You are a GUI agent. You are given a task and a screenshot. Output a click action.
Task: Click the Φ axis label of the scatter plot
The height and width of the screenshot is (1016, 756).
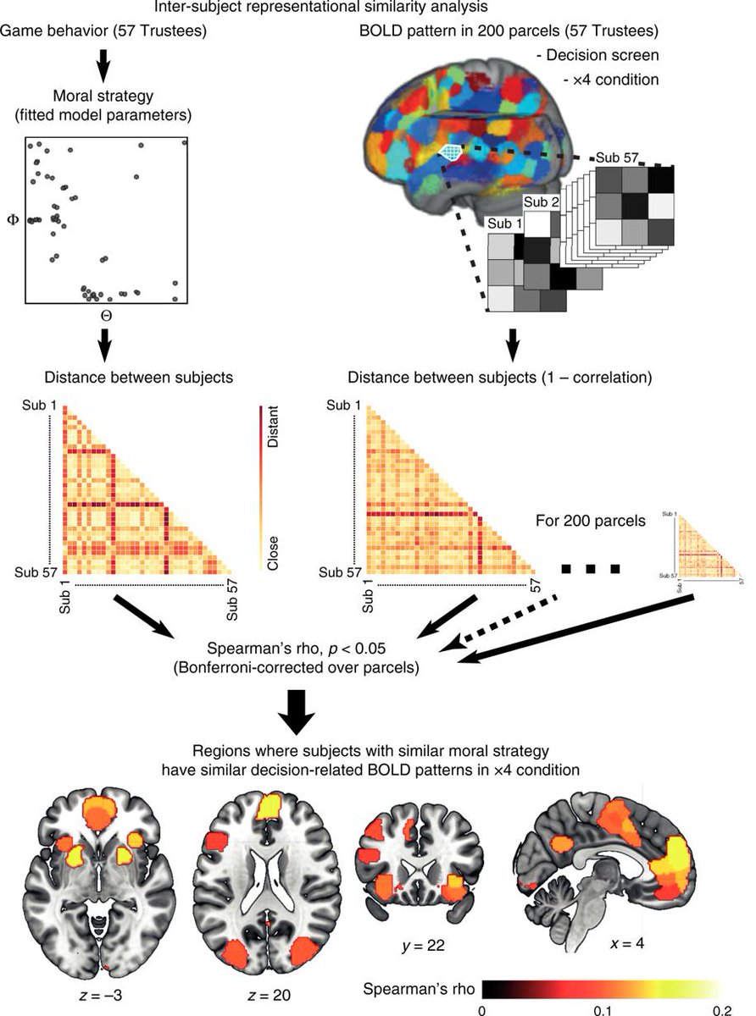pos(12,218)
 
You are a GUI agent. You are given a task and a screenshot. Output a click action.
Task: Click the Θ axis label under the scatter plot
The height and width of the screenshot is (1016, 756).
pos(106,316)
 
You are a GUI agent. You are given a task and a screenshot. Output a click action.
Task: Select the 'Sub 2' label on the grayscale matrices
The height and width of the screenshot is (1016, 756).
pos(542,202)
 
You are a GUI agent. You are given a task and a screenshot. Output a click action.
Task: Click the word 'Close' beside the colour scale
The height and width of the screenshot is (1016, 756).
pos(272,552)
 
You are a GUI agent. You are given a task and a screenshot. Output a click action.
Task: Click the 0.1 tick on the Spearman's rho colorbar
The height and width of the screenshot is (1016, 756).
pos(602,1009)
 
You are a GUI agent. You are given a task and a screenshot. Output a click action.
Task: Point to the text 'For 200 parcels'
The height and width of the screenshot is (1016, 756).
pos(591,522)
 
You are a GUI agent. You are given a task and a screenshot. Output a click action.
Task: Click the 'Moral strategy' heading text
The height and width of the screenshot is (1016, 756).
pos(104,91)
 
